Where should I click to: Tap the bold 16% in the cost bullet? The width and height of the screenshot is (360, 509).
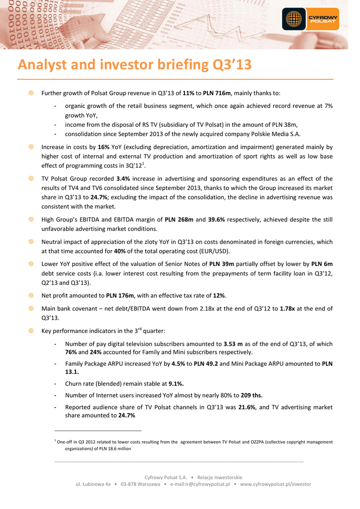pyautogui.click(x=103, y=148)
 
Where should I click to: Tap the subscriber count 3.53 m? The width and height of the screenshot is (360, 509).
pyautogui.click(x=233, y=343)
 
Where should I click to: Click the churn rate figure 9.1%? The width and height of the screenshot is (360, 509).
pyautogui.click(x=176, y=383)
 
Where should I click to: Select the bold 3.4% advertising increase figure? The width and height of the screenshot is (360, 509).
pyautogui.click(x=123, y=179)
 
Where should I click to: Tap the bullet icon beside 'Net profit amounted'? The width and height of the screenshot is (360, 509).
pyautogui.click(x=31, y=296)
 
